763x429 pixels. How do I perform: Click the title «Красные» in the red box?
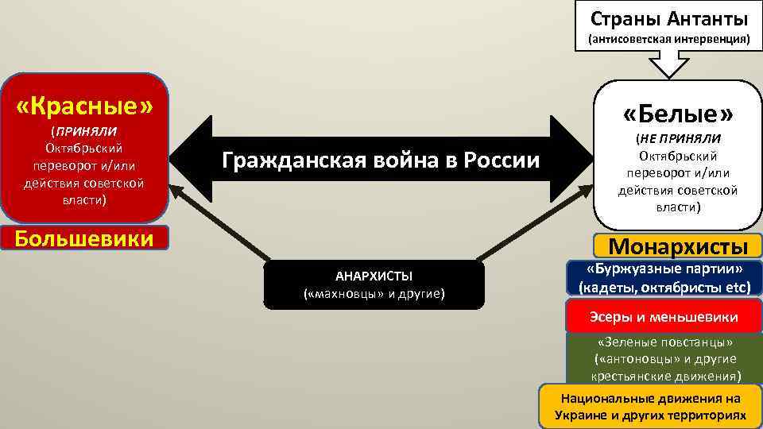click(84, 105)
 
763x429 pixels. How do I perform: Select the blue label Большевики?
click(84, 238)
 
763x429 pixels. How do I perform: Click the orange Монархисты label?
click(678, 246)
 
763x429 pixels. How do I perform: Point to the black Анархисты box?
click(374, 284)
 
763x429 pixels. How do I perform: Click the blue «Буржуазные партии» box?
click(664, 277)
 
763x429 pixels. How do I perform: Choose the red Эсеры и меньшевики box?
click(664, 317)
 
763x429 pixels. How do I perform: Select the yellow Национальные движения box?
click(650, 406)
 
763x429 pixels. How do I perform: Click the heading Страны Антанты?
click(668, 17)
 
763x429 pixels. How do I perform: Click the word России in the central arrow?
click(503, 161)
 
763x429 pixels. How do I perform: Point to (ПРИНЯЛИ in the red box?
click(83, 131)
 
